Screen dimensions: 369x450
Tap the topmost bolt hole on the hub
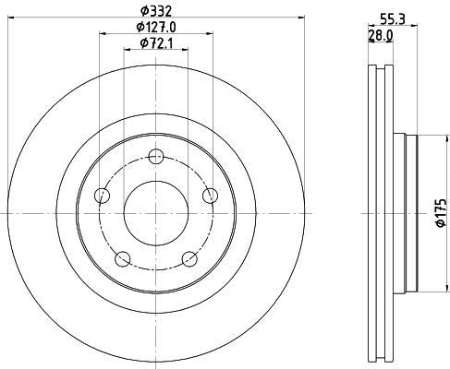(155, 156)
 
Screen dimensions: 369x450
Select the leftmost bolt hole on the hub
(102, 195)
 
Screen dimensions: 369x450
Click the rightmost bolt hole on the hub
(210, 194)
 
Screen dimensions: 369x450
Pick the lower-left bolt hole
(123, 257)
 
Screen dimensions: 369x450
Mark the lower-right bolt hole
(189, 257)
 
